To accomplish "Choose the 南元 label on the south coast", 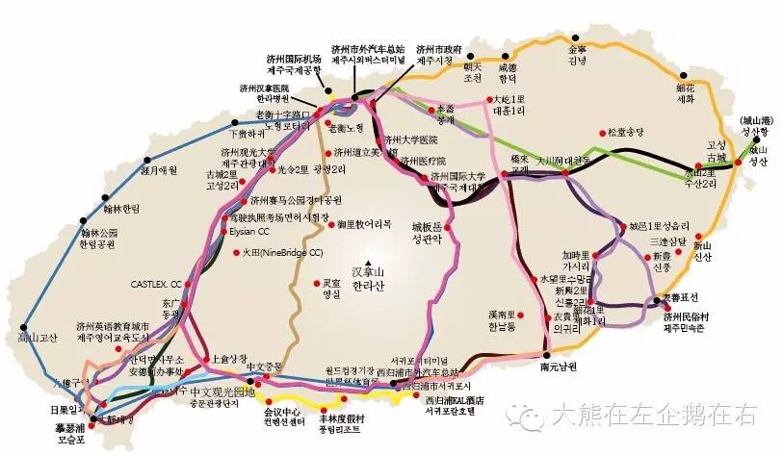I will tap(558, 367).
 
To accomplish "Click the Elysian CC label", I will tap(248, 232).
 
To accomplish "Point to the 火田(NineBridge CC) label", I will tap(280, 253).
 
